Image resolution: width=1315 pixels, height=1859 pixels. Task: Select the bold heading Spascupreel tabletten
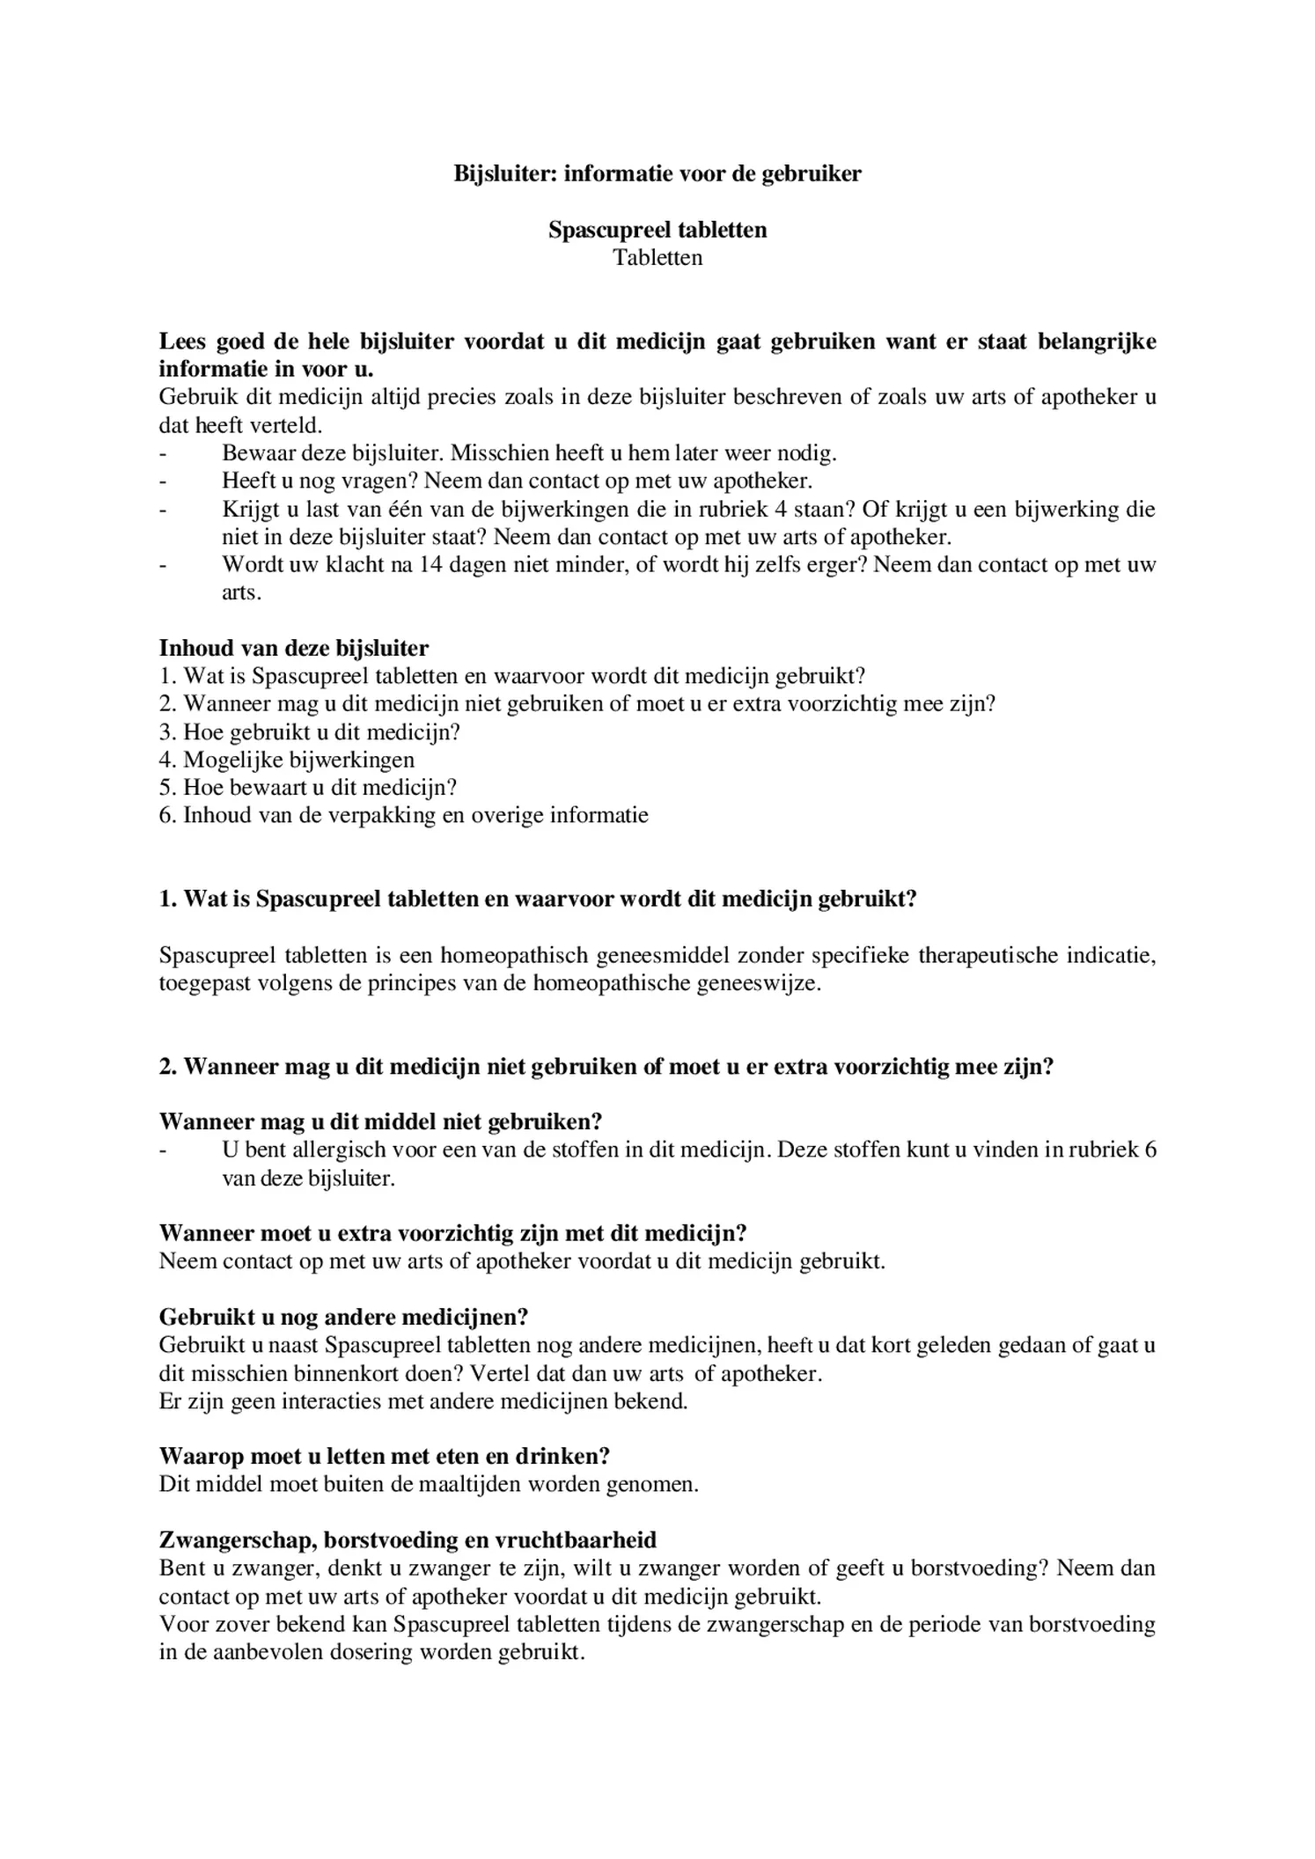657,230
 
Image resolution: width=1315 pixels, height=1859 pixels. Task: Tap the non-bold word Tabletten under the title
657,258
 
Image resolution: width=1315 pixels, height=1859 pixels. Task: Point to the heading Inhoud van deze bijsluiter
293,649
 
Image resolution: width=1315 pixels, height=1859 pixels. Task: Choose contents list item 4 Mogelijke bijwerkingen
287,760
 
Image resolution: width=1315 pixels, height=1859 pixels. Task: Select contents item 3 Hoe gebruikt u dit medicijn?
310,732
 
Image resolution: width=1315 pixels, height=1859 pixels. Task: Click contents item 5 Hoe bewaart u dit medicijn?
308,788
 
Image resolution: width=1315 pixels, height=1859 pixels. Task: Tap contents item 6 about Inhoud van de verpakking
403,815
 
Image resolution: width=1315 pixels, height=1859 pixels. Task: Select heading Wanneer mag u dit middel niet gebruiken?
380,1122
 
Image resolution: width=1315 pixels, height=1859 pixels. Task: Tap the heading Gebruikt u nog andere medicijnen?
343,1318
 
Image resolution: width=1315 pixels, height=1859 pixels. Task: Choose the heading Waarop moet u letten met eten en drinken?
385,1457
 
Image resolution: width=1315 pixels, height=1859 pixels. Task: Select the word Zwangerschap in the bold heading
237,1540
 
